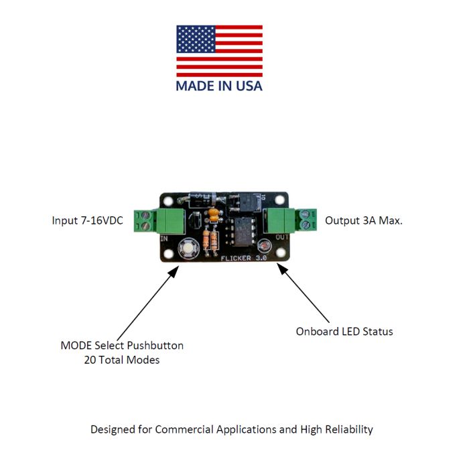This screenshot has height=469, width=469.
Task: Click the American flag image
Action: tap(219, 51)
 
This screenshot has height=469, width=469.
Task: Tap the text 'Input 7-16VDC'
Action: tap(88, 220)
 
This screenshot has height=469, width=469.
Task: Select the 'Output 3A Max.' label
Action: tap(364, 220)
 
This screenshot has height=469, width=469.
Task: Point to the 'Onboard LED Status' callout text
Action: tap(344, 331)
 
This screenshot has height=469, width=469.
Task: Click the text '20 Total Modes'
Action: tap(122, 360)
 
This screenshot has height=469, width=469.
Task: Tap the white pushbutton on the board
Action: tap(188, 249)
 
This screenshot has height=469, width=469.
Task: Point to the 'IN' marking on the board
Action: tap(163, 238)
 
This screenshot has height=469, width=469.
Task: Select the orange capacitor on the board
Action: tap(213, 214)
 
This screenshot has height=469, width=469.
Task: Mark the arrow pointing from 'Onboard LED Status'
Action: tap(304, 293)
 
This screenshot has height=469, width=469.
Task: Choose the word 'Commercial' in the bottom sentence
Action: tap(185, 429)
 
